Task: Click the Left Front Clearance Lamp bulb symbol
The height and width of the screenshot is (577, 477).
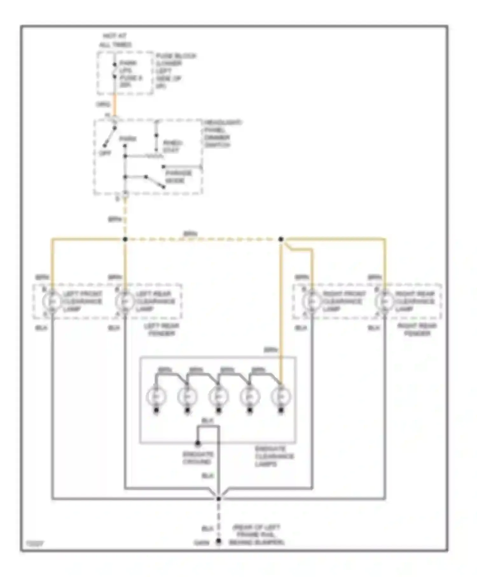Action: pyautogui.click(x=52, y=301)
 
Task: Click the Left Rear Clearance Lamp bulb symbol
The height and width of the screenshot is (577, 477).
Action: pyautogui.click(x=125, y=301)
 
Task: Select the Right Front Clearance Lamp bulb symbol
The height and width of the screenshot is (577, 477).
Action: pyautogui.click(x=312, y=301)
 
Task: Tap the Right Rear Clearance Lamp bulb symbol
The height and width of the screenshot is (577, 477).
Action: pyautogui.click(x=384, y=301)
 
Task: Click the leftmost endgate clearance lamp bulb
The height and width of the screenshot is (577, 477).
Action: pyautogui.click(x=156, y=397)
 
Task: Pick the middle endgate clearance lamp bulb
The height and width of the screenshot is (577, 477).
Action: pyautogui.click(x=218, y=397)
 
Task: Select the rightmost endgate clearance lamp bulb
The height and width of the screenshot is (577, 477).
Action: pyautogui.click(x=281, y=397)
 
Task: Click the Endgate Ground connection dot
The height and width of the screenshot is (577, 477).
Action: pyautogui.click(x=197, y=443)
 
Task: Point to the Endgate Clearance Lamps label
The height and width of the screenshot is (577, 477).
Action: pyautogui.click(x=274, y=456)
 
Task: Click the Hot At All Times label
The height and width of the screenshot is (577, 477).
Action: pyautogui.click(x=115, y=40)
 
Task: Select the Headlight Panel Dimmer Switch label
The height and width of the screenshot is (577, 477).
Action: pyautogui.click(x=222, y=134)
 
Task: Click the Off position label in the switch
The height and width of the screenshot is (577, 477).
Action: pyautogui.click(x=105, y=153)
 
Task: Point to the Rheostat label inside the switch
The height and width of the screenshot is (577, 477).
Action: pyautogui.click(x=172, y=146)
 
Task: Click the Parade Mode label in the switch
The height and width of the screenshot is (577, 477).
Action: pyautogui.click(x=178, y=177)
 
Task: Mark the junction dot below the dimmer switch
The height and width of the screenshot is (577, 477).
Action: pyautogui.click(x=125, y=239)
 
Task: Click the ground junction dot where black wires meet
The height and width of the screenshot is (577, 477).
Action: pyautogui.click(x=218, y=499)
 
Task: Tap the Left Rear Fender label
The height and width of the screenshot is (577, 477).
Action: pyautogui.click(x=162, y=330)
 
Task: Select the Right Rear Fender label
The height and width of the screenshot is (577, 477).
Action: pyautogui.click(x=417, y=330)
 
